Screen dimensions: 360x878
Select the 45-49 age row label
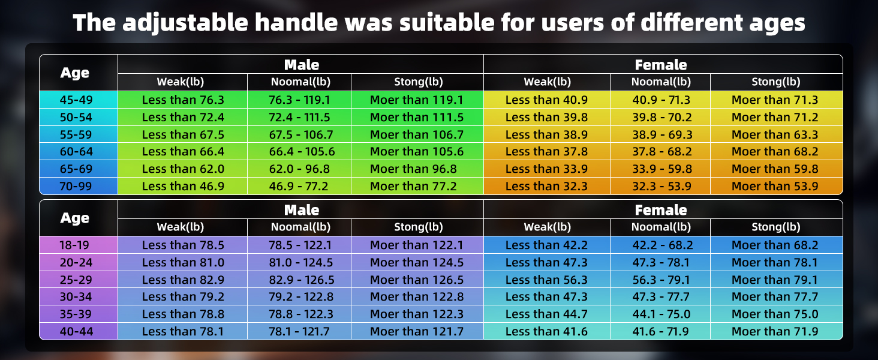[75, 100]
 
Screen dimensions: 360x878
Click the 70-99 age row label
[75, 186]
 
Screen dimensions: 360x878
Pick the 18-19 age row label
[75, 245]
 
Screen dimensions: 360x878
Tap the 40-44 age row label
[75, 331]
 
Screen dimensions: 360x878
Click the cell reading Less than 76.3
[183, 100]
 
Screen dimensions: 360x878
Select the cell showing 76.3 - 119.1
[299, 100]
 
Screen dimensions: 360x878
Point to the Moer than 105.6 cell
[417, 152]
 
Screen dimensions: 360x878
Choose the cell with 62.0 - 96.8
[299, 169]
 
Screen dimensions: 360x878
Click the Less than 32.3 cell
[546, 186]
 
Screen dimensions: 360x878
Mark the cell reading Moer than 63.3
[775, 134]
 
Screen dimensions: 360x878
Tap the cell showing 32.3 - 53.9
[660, 186]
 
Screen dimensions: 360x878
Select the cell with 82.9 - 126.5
[299, 280]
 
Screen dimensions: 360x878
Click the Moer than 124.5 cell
[417, 262]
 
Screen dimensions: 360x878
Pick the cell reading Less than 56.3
[546, 280]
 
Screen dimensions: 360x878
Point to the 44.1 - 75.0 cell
[660, 314]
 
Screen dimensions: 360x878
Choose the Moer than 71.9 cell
[775, 331]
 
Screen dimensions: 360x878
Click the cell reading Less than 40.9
[546, 100]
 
